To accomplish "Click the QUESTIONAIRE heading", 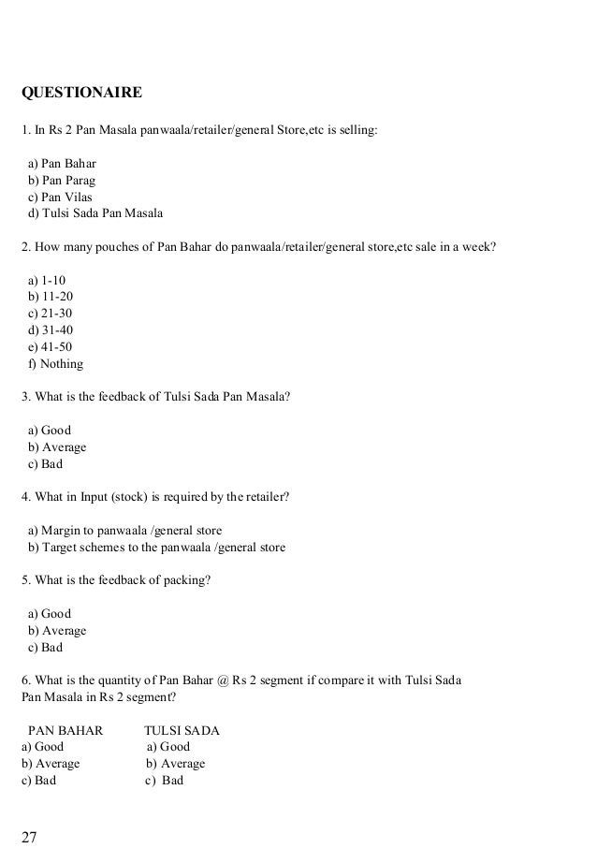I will [x=81, y=94].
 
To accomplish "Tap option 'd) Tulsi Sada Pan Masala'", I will [x=95, y=214].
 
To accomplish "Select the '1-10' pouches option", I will [x=48, y=280].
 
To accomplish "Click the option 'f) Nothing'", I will [x=56, y=364].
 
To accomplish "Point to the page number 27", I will [x=30, y=836].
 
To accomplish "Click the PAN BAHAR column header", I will [x=66, y=730].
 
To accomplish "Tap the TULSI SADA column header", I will [x=182, y=730].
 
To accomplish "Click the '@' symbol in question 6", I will [x=222, y=679].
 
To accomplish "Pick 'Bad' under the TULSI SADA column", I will [x=166, y=781].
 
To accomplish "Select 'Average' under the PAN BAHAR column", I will [x=51, y=764].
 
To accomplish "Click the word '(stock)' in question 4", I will [x=114, y=496].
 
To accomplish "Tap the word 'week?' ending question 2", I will [x=480, y=247].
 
